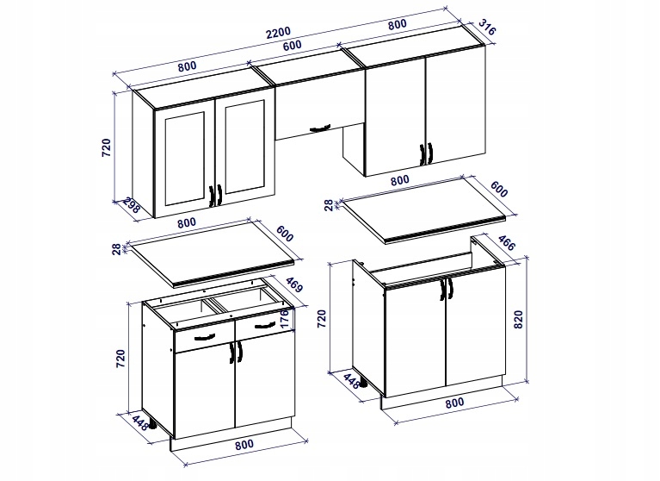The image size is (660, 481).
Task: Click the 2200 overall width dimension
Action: (278, 32)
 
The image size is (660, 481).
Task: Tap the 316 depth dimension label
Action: (487, 28)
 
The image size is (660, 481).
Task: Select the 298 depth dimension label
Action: (132, 206)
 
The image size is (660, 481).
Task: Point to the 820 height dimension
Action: (518, 319)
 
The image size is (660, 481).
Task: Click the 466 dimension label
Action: (506, 242)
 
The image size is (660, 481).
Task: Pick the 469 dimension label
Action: (293, 284)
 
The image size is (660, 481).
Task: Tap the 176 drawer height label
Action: (284, 318)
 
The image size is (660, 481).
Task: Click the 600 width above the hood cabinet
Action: (292, 45)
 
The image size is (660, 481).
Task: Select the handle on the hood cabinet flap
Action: (319, 128)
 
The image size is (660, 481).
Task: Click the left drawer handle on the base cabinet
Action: (205, 337)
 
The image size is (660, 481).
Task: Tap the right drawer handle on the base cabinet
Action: (264, 326)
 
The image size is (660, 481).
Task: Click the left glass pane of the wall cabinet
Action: (184, 159)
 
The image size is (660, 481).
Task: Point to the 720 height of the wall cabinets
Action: (107, 147)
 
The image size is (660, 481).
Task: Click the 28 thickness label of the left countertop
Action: (116, 249)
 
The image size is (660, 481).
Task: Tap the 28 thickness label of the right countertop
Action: (329, 204)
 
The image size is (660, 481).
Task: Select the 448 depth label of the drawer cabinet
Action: (140, 423)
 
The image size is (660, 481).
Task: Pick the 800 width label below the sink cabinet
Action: (455, 403)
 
